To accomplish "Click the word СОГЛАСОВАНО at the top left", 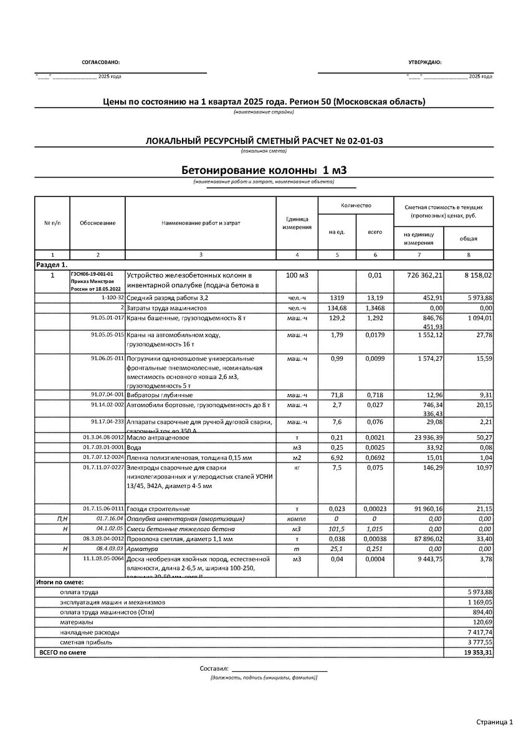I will pyautogui.click(x=100, y=63).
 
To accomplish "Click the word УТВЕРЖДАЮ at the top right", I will pyautogui.click(x=424, y=63).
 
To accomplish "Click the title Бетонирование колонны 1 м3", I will pyautogui.click(x=264, y=170).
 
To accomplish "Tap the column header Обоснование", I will pyautogui.click(x=97, y=223).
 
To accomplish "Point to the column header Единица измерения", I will pyautogui.click(x=297, y=223).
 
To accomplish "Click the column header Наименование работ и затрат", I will pyautogui.click(x=201, y=223).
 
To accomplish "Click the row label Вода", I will pyautogui.click(x=133, y=447).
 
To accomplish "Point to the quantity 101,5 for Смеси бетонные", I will pyautogui.click(x=337, y=529).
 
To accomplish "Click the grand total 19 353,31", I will pyautogui.click(x=477, y=652).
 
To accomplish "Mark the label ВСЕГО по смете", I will pyautogui.click(x=63, y=652).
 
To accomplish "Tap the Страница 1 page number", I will pyautogui.click(x=494, y=722).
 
